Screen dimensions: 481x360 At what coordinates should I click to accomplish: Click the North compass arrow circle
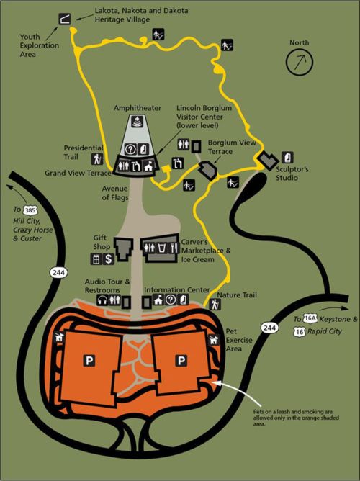coord(297,63)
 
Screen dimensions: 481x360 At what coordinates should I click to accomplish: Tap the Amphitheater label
coord(135,107)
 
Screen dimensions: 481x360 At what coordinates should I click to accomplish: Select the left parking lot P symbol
coord(90,359)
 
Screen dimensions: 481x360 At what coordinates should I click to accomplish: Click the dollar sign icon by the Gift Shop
coord(107,258)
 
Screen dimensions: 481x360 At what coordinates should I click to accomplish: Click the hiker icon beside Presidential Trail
coord(96,158)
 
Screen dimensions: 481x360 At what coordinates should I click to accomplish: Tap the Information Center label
coord(177,290)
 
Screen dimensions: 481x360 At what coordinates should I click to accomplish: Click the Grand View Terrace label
coord(77,173)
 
